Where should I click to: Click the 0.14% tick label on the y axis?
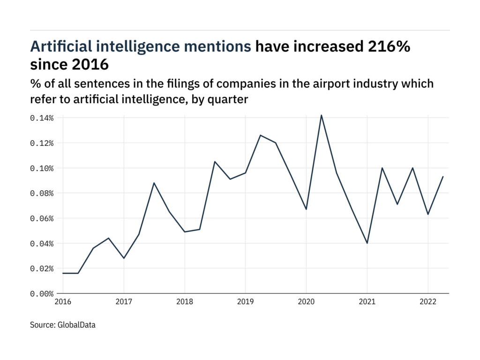42,118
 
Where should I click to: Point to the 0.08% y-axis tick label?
42,193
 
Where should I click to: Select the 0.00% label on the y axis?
42,294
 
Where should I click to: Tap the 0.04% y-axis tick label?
42,243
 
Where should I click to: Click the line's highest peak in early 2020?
321,115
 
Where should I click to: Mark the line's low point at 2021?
367,243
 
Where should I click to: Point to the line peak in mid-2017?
154,183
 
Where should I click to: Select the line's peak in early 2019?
260,135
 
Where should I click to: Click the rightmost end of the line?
443,177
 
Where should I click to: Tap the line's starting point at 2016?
63,273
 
